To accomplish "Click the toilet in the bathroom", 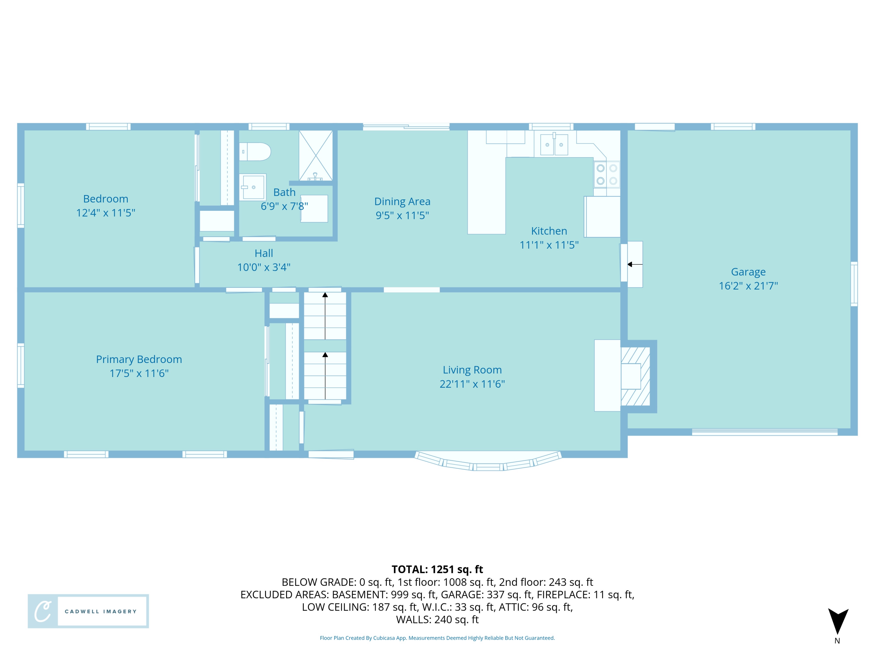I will pyautogui.click(x=255, y=152).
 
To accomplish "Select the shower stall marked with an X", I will pyautogui.click(x=315, y=155).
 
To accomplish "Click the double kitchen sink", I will pyautogui.click(x=554, y=145).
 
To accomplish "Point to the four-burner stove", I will pyautogui.click(x=606, y=174).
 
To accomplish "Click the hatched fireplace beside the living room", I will pyautogui.click(x=635, y=376).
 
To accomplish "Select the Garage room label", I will pyautogui.click(x=748, y=272).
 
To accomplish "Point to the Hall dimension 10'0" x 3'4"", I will pyautogui.click(x=264, y=267).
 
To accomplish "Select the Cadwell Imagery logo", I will pyautogui.click(x=88, y=611).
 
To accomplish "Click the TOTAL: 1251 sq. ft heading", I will pyautogui.click(x=437, y=569).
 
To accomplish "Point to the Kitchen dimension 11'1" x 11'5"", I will pyautogui.click(x=549, y=245).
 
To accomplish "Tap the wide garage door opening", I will pyautogui.click(x=764, y=432).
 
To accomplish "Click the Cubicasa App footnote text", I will pyautogui.click(x=437, y=638).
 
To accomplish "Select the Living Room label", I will pyautogui.click(x=472, y=370).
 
